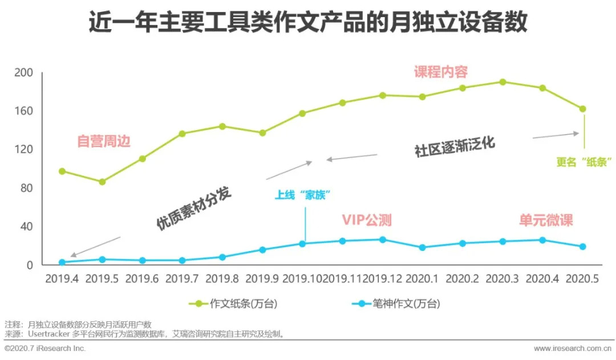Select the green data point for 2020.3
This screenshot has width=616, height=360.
[x=502, y=82]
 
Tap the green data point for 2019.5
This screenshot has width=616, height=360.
[x=102, y=182]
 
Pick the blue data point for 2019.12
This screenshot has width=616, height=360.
[x=383, y=240]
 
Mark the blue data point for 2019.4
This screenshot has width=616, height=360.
[x=62, y=262]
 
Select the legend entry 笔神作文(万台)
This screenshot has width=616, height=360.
[x=399, y=304]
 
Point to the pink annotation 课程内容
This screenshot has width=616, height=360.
[x=441, y=72]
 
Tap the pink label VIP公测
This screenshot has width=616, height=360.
[x=367, y=220]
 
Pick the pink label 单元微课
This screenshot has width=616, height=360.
[x=546, y=220]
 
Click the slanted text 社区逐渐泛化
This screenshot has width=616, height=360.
[x=455, y=147]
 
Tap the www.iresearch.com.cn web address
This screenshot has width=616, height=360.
[x=571, y=348]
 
